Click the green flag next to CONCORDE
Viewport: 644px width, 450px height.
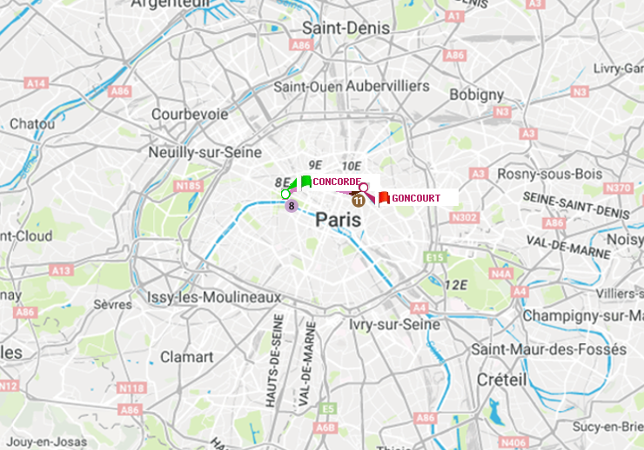coord(305,182)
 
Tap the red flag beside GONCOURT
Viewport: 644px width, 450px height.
coord(383,198)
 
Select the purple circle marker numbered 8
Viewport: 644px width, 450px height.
coord(292,206)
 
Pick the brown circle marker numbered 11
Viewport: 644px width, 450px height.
coord(358,200)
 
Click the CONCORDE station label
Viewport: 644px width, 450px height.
coord(337,182)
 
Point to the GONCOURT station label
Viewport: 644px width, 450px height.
coord(416,198)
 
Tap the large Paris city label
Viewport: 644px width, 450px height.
coord(338,221)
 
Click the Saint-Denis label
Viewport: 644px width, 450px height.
coord(345,28)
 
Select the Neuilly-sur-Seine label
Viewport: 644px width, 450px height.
coord(205,152)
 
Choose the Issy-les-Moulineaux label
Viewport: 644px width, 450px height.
coord(214,297)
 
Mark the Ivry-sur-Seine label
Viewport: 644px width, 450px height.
coord(394,324)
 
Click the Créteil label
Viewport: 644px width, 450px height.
coord(501,380)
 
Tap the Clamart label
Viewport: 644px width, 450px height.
coord(187,357)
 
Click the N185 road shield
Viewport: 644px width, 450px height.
coord(188,185)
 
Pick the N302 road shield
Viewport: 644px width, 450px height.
coord(466,217)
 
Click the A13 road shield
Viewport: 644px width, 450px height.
coord(61,270)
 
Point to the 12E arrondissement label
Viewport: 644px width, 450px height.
coord(455,285)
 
